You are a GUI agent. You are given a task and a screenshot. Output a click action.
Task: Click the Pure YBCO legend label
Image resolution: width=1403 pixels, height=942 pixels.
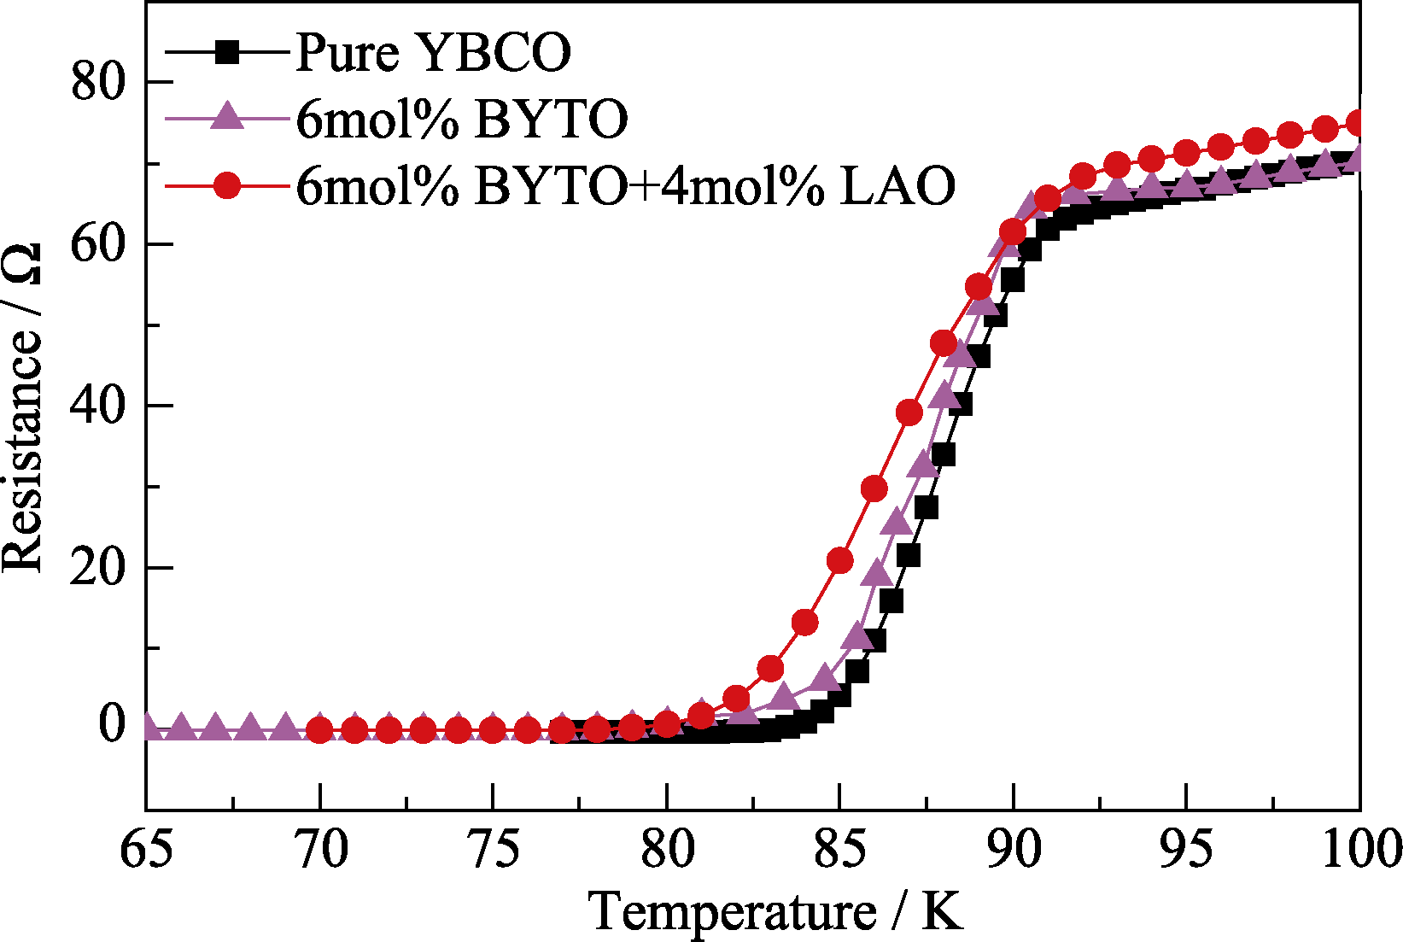(433, 53)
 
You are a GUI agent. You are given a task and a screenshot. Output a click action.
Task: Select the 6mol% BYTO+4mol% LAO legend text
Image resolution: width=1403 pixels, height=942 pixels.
(625, 185)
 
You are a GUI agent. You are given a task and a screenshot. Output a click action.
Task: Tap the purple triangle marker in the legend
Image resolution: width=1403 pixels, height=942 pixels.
(227, 116)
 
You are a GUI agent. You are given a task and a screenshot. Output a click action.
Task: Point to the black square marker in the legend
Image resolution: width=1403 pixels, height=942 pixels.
(227, 53)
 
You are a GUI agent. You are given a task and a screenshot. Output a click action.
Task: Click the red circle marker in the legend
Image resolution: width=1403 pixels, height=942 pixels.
(227, 185)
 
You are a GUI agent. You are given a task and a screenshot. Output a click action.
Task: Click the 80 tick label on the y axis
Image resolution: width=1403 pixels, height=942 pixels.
(97, 83)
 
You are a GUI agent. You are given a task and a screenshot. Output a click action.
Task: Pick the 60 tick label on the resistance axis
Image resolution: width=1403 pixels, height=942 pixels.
(97, 244)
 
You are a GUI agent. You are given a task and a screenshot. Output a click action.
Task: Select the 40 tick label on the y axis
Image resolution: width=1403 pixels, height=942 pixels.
(97, 407)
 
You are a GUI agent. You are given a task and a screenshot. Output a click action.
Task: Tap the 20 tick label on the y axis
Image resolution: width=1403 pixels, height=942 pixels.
(97, 568)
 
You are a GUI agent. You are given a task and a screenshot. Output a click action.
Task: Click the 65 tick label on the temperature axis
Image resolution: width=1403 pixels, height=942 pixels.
(147, 849)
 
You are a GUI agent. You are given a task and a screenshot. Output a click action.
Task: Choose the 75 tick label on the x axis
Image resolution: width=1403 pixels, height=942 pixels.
(493, 849)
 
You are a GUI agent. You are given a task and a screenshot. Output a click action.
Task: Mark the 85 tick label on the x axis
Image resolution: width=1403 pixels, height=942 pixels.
(840, 849)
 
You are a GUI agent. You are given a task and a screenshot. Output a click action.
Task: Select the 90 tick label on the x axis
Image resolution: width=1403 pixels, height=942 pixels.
(1014, 849)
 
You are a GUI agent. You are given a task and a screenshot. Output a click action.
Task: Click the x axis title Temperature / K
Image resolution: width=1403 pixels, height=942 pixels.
(775, 910)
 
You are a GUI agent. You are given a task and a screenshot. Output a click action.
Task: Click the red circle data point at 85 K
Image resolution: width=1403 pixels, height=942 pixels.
(840, 560)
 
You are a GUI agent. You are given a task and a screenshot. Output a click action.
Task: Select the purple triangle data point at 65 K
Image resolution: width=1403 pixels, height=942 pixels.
(148, 728)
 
